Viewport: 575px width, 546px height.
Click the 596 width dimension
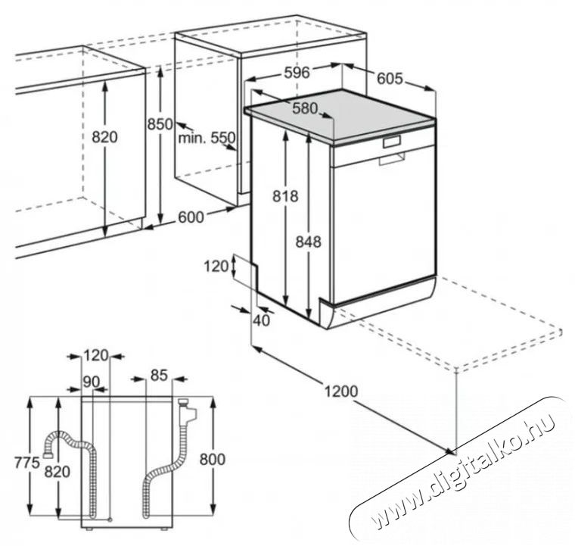[297, 73]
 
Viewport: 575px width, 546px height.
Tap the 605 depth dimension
[390, 79]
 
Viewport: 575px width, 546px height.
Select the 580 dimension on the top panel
[305, 108]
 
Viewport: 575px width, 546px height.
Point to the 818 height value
[285, 196]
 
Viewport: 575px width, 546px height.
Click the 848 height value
[309, 242]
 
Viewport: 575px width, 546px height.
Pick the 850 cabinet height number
[160, 124]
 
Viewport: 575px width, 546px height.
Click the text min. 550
[207, 138]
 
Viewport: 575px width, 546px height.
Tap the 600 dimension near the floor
[191, 217]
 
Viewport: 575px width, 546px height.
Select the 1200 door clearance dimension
[341, 392]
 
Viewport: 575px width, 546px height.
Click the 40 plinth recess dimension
[262, 320]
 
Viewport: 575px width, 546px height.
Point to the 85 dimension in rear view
[159, 375]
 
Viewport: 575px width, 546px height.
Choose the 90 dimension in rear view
[91, 382]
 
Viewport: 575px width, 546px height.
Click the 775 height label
[26, 463]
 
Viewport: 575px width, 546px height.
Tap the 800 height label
[213, 460]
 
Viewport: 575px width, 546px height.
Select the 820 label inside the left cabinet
[104, 137]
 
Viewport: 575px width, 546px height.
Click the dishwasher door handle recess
[392, 158]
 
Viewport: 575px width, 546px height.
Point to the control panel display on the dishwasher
[392, 142]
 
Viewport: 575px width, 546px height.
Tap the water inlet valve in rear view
[186, 411]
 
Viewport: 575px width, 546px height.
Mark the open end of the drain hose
[48, 455]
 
